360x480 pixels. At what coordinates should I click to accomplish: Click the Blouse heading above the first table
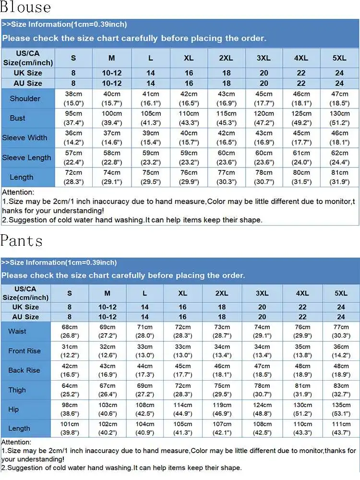tap(25, 8)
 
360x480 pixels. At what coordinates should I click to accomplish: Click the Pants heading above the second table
tap(22, 240)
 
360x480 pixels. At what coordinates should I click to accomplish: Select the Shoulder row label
tap(25, 98)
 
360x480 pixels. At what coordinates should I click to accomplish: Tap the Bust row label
tap(18, 118)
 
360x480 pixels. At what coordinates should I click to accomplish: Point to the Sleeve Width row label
tap(24, 138)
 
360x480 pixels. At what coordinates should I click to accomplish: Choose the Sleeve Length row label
tap(26, 157)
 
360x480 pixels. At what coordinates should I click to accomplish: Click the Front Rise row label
tap(24, 351)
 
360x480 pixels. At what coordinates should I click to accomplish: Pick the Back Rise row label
tap(24, 371)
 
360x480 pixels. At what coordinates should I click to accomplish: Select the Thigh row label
tap(17, 390)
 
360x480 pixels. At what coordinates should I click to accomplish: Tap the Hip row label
tap(13, 409)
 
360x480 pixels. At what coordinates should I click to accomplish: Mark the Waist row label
tap(17, 331)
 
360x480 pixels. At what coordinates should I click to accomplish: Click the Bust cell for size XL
tap(189, 118)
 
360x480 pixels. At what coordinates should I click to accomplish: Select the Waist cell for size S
tap(69, 331)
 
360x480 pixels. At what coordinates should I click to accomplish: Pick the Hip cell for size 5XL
tap(341, 409)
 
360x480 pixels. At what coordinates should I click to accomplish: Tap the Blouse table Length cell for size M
tap(111, 177)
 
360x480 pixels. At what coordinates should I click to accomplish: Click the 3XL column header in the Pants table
tap(262, 293)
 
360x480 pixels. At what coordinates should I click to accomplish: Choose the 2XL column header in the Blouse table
tap(226, 58)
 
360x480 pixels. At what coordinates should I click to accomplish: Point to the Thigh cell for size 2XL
tap(222, 390)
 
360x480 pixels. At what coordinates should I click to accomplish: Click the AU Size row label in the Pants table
tap(25, 317)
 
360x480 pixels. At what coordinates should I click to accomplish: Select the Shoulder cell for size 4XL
tap(301, 98)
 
